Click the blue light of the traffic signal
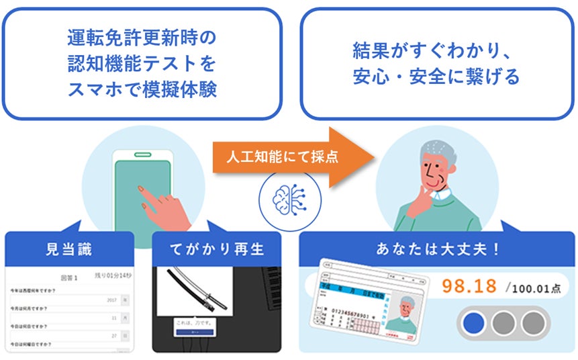(x=473, y=323)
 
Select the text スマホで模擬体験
(x=142, y=90)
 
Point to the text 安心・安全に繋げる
(x=436, y=77)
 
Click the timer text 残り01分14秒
(x=114, y=277)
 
